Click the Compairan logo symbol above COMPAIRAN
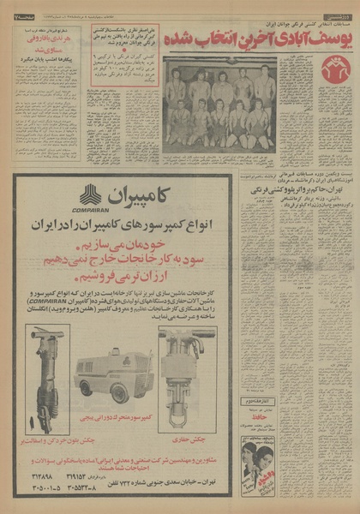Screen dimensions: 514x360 pos(90,194)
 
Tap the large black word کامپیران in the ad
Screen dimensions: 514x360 pos(168,193)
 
